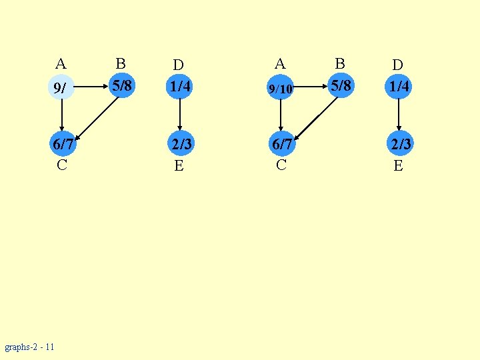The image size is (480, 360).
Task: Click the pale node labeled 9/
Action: tap(61, 87)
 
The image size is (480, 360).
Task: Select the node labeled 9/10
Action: tap(281, 87)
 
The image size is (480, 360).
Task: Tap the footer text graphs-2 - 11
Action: tap(30, 347)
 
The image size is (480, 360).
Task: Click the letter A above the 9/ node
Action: tap(61, 64)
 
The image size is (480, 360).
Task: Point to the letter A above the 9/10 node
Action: tap(280, 64)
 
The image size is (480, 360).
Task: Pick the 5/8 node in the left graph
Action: tap(121, 85)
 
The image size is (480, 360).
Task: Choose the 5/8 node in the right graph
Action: tap(340, 85)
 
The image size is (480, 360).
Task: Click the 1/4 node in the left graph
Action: tap(179, 87)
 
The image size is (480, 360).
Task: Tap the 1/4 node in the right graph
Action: tap(399, 87)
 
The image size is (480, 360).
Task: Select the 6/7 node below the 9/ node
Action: tap(62, 144)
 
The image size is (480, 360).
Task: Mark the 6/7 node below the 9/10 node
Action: tap(281, 144)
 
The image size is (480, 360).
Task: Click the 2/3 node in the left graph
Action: tap(179, 144)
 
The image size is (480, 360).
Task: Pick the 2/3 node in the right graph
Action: tap(399, 144)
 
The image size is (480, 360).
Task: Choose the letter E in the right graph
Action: tap(398, 165)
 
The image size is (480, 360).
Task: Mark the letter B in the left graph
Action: tap(120, 63)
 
